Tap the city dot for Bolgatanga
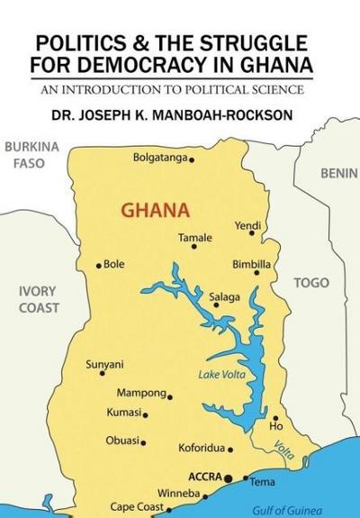(x=192, y=160)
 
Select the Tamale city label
(x=195, y=238)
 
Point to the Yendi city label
(x=247, y=224)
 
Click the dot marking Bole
(x=99, y=266)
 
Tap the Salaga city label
(x=224, y=296)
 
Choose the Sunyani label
(x=104, y=364)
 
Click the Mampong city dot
(x=170, y=396)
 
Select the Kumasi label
(x=124, y=413)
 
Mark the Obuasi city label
(x=123, y=441)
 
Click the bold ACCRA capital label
(x=205, y=476)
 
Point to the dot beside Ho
(x=275, y=418)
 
